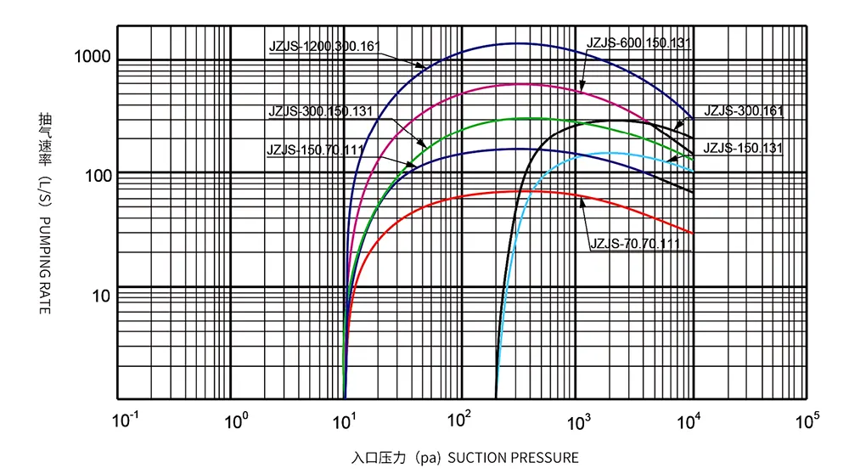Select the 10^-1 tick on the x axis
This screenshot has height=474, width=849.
(125, 419)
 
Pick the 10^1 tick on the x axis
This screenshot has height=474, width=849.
(348, 419)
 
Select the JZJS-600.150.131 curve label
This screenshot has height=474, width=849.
(638, 42)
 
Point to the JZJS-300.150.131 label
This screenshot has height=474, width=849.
(320, 111)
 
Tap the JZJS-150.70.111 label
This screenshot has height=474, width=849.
(317, 150)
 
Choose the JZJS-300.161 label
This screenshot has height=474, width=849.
(743, 111)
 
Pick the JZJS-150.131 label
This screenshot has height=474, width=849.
(743, 148)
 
